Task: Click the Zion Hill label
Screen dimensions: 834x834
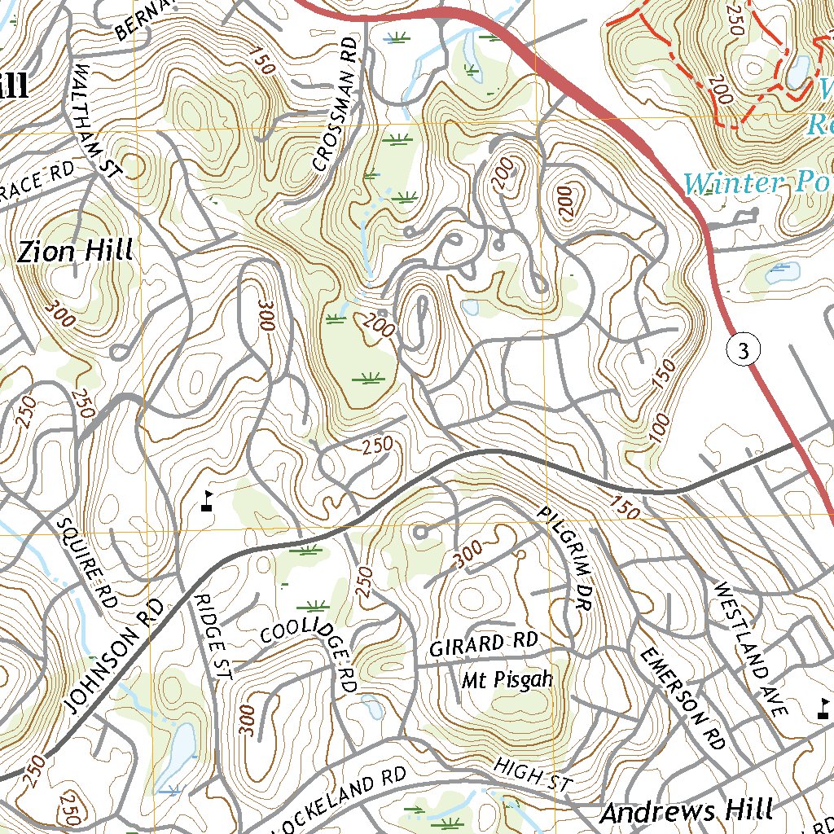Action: pyautogui.click(x=75, y=252)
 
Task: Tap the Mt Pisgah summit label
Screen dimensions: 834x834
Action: pyautogui.click(x=507, y=679)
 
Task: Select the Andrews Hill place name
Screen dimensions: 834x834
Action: pyautogui.click(x=686, y=811)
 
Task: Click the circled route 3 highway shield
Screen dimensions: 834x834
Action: pyautogui.click(x=742, y=351)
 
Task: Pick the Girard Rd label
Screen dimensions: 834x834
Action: pyautogui.click(x=484, y=644)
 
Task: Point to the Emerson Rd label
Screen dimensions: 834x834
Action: pyautogui.click(x=682, y=698)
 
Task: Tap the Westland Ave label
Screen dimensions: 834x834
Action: pyautogui.click(x=751, y=648)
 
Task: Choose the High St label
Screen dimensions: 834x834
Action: pyautogui.click(x=533, y=774)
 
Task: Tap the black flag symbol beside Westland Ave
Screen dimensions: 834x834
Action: pyautogui.click(x=824, y=707)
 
